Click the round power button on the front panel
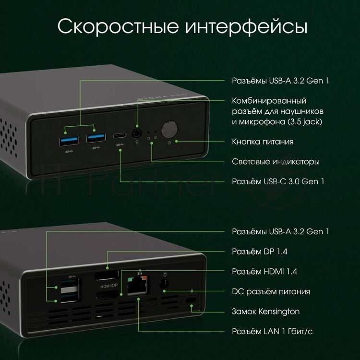pyautogui.click(x=169, y=129)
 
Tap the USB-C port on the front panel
pyautogui.click(x=120, y=136)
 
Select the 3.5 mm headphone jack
pyautogui.click(x=137, y=133)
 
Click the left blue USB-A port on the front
pyautogui.click(x=69, y=141)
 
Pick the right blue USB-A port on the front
pyautogui.click(x=96, y=138)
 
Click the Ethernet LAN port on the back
pyautogui.click(x=137, y=286)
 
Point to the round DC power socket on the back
pyautogui.click(x=164, y=284)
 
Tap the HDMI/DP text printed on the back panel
pyautogui.click(x=109, y=286)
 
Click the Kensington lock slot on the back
pyautogui.click(x=191, y=300)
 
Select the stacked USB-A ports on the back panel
pyautogui.click(x=71, y=291)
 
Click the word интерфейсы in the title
pyautogui.click(x=246, y=27)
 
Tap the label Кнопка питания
pyautogui.click(x=263, y=142)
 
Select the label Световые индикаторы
pyautogui.click(x=276, y=162)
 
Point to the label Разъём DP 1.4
pyautogui.click(x=259, y=252)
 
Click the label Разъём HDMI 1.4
pyautogui.click(x=264, y=272)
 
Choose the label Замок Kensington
pyautogui.click(x=265, y=312)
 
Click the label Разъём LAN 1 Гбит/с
pyautogui.click(x=272, y=332)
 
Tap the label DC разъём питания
pyautogui.click(x=271, y=292)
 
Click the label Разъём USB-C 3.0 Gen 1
pyautogui.click(x=278, y=181)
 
